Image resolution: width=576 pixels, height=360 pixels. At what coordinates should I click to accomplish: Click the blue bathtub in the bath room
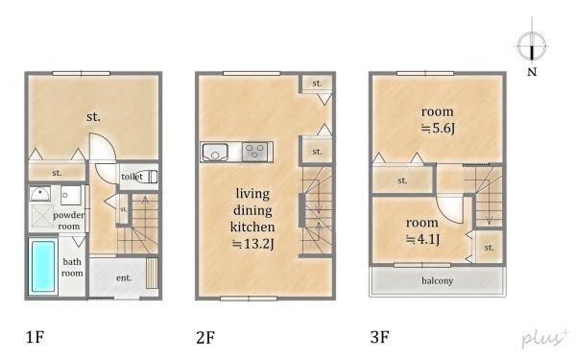click(43, 266)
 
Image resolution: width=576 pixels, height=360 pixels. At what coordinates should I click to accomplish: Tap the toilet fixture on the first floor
click(147, 177)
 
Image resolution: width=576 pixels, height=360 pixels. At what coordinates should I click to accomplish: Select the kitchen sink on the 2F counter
click(216, 152)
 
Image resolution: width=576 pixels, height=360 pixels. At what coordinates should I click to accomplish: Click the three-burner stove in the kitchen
click(255, 152)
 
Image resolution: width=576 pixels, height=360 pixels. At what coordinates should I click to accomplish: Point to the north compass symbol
click(532, 46)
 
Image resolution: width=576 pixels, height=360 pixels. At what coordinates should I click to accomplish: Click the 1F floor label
click(36, 337)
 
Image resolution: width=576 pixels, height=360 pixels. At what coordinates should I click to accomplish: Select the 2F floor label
click(205, 337)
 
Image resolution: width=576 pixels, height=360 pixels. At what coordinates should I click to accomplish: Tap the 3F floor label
click(380, 337)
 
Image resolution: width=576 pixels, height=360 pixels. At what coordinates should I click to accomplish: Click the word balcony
click(437, 281)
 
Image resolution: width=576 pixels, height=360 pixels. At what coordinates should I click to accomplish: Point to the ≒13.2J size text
click(253, 244)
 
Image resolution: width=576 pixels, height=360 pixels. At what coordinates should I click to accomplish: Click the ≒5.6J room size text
click(438, 129)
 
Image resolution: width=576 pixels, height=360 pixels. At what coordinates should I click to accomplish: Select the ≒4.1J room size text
click(423, 239)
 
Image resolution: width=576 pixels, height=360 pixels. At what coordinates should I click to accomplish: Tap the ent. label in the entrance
click(124, 278)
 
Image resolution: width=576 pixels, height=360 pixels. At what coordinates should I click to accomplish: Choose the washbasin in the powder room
click(40, 194)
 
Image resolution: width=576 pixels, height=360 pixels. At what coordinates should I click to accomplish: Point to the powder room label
click(69, 221)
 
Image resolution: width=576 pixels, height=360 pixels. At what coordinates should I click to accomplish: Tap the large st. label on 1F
click(93, 117)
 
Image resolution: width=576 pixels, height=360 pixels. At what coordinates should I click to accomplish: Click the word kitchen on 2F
click(252, 227)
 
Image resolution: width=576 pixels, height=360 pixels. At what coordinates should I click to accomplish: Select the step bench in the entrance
click(152, 273)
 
